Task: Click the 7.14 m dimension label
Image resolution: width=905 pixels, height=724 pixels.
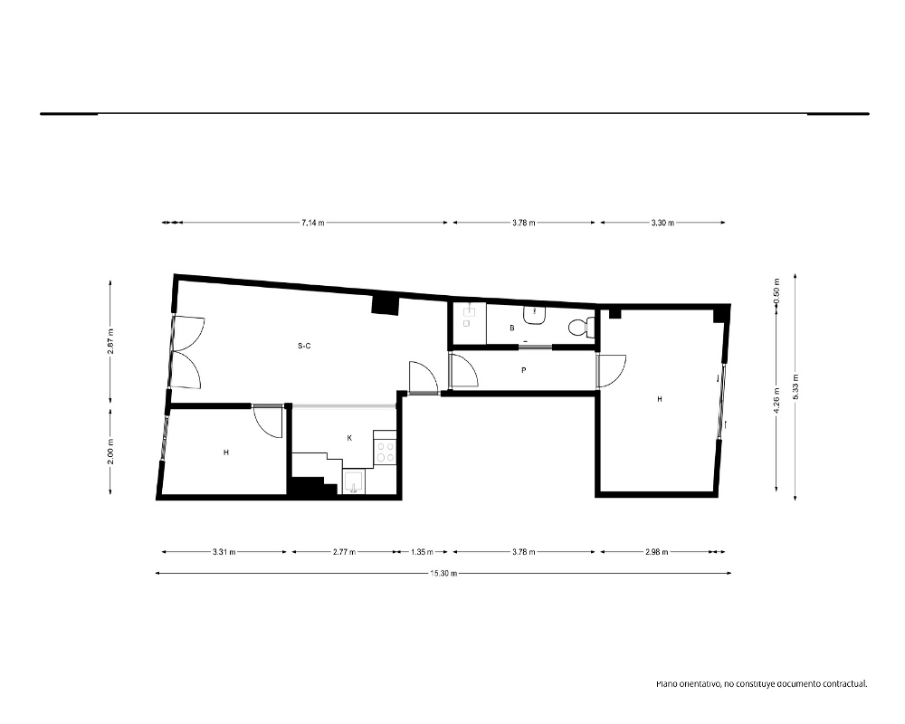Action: (x=313, y=223)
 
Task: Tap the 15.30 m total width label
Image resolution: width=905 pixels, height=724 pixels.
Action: (x=443, y=573)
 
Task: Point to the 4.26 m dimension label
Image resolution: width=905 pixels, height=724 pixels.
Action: (x=776, y=400)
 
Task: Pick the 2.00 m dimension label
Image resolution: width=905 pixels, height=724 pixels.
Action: (x=110, y=452)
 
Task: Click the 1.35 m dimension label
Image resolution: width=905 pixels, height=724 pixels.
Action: (x=422, y=552)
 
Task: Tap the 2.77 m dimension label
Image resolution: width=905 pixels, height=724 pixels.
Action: (x=345, y=552)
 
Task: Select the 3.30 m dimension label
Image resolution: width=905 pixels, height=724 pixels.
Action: (x=662, y=223)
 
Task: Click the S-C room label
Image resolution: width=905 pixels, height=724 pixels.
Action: (x=304, y=346)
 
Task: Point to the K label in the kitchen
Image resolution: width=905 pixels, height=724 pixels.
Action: (x=349, y=438)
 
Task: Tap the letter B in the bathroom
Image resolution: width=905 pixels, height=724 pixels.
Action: (x=512, y=328)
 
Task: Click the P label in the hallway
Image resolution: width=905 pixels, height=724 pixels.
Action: (x=523, y=370)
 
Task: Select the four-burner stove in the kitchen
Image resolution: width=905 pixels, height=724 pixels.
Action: (x=385, y=452)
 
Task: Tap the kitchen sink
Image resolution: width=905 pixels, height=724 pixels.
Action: (x=353, y=482)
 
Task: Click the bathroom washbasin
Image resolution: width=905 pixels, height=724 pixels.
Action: (x=535, y=315)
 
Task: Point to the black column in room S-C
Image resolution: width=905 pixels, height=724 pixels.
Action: (x=385, y=304)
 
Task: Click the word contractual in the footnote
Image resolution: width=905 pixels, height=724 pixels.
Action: (x=845, y=684)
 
